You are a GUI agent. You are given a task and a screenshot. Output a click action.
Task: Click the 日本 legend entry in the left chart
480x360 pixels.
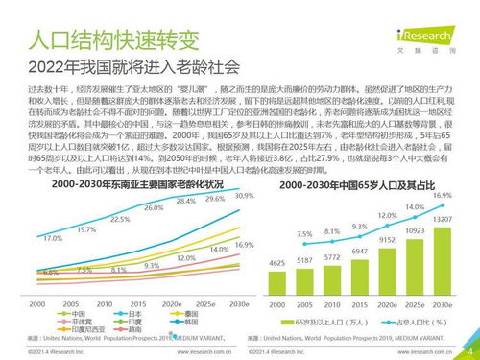tap(108, 313)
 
